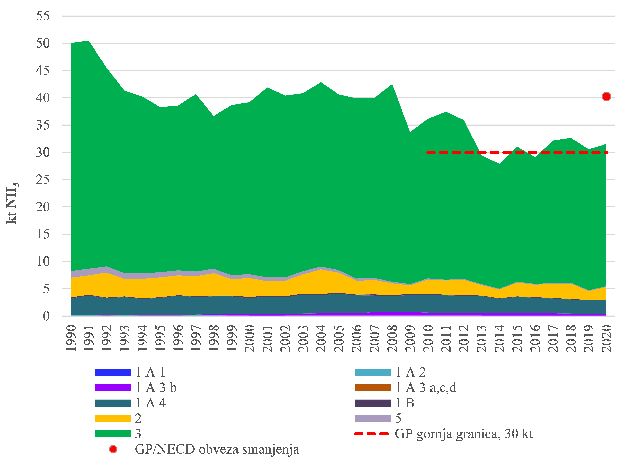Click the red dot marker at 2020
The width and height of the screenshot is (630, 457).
[x=606, y=97]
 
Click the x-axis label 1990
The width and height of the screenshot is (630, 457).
[x=71, y=338]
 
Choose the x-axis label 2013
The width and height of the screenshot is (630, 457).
[x=481, y=338]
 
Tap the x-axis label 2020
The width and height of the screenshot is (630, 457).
[x=606, y=338]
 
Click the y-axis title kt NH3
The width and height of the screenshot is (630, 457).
[x=12, y=203]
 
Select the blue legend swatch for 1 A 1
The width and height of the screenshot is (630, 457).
[x=113, y=372]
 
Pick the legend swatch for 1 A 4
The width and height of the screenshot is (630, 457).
[x=113, y=403]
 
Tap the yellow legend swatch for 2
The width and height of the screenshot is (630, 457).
[x=113, y=418]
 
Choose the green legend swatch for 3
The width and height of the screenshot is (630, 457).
[x=113, y=434]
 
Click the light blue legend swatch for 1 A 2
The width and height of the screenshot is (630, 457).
[x=373, y=372]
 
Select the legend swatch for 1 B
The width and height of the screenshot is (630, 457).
[x=373, y=403]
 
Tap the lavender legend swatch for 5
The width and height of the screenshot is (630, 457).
[x=373, y=418]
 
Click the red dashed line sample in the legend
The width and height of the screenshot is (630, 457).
[x=371, y=434]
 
